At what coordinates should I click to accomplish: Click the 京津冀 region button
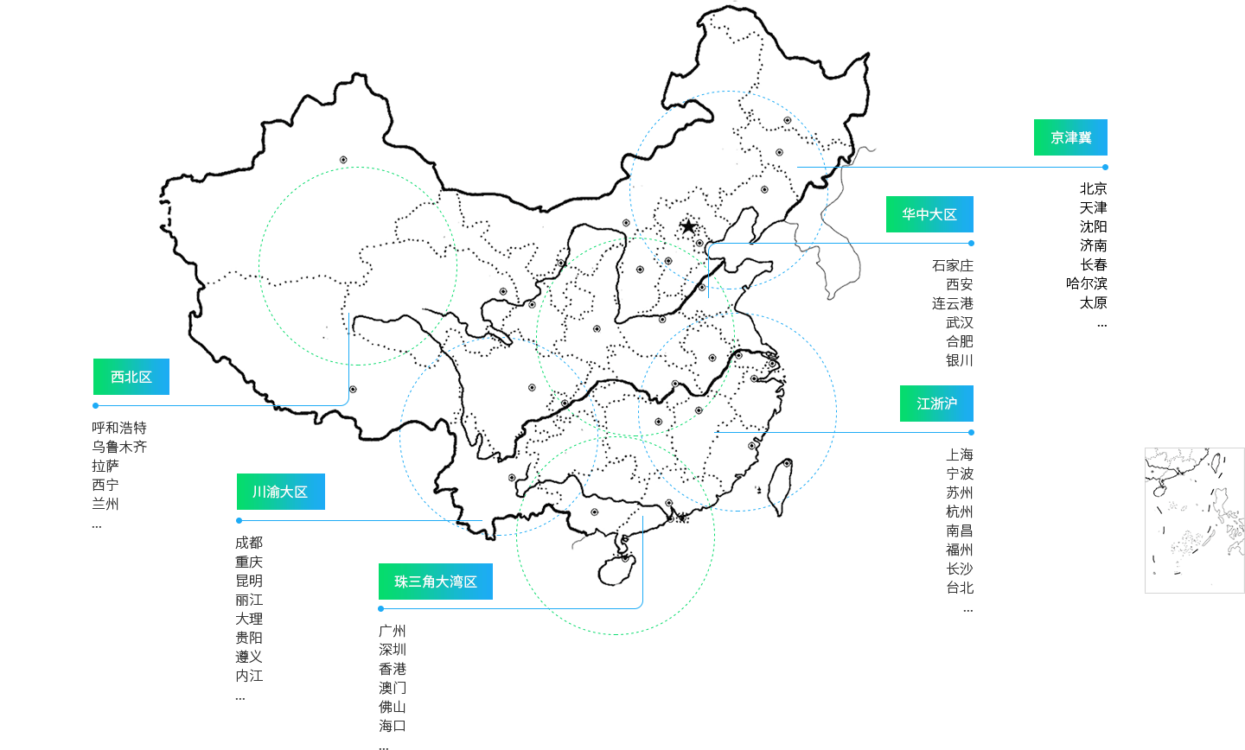1070,137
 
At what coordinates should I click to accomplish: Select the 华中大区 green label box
929,214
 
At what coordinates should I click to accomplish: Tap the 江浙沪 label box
936,404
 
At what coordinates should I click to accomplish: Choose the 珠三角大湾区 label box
436,582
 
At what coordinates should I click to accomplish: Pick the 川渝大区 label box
280,492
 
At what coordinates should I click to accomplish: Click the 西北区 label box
131,377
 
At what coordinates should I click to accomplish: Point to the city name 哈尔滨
1086,283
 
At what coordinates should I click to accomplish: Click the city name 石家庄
952,265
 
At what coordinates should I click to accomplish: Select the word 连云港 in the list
952,303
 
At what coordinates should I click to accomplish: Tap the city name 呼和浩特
119,428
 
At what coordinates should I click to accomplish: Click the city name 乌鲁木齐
119,447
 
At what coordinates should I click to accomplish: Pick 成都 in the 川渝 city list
249,543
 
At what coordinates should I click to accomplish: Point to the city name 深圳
392,650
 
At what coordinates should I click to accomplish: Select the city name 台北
959,588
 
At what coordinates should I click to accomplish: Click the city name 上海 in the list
959,454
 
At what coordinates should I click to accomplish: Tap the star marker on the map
688,226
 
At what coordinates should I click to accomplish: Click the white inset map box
1194,520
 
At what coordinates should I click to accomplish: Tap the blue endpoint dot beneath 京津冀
1105,167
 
